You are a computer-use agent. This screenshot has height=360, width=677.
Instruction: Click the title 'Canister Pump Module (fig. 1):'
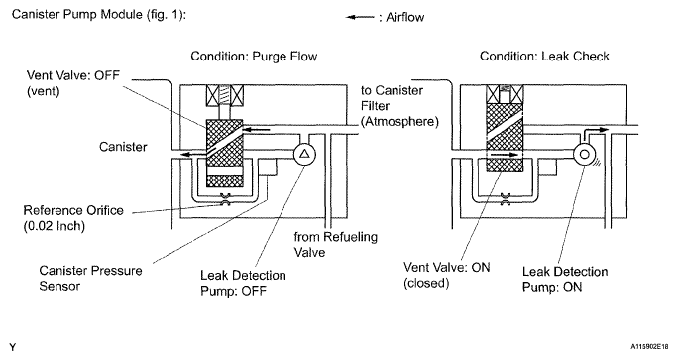click(99, 15)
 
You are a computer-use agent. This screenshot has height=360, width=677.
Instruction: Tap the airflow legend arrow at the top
click(360, 17)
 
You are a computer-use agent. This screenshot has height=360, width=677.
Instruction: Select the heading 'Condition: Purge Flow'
click(254, 57)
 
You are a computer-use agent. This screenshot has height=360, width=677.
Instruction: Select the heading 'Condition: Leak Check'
click(544, 57)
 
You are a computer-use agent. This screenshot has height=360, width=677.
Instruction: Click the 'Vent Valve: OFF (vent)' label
click(73, 83)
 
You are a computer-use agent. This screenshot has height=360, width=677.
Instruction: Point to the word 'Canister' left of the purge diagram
click(123, 147)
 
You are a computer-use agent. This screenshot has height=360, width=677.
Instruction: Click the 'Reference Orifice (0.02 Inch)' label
click(73, 218)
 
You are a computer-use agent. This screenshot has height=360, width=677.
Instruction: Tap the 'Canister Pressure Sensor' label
click(90, 278)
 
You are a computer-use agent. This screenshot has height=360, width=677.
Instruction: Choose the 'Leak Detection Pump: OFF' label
click(243, 283)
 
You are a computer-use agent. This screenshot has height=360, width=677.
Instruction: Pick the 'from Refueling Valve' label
click(335, 244)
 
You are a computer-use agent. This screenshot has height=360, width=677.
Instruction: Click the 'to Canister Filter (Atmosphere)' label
click(399, 106)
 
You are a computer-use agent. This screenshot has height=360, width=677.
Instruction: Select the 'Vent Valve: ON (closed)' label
click(447, 275)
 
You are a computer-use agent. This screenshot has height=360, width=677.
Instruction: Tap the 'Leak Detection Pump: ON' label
click(565, 279)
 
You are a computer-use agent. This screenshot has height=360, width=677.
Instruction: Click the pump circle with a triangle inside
click(304, 154)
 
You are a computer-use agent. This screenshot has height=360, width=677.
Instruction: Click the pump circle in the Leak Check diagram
click(584, 154)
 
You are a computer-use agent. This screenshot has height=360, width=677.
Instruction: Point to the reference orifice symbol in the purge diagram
click(225, 198)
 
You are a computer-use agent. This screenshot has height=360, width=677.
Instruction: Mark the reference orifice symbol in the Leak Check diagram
click(505, 198)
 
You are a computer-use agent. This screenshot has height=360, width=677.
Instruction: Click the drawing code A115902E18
click(649, 346)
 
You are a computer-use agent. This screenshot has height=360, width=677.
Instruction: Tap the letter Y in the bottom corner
click(13, 347)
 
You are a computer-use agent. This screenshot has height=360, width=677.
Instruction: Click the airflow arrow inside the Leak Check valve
click(505, 154)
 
